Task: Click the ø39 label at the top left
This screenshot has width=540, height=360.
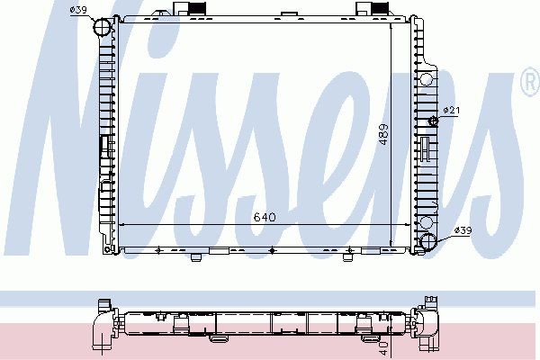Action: coord(78,10)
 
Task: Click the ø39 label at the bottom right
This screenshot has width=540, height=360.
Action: coord(463,230)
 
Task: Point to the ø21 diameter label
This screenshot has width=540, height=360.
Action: coord(452,110)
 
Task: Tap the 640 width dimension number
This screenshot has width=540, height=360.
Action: coord(265,217)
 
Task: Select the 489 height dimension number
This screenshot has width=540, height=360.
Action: coord(383,134)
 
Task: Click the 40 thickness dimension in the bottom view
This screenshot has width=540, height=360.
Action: coord(384,348)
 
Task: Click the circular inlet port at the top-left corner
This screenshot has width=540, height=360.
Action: coord(103,26)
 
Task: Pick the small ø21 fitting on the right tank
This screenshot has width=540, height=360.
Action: coord(433,121)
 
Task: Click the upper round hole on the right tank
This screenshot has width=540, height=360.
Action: coord(427,79)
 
